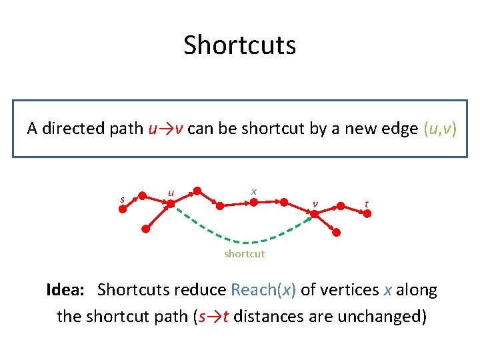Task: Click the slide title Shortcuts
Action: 239,45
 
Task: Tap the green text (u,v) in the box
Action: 440,129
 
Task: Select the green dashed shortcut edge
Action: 244,238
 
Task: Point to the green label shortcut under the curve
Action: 244,253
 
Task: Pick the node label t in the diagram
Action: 366,203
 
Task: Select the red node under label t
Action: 366,213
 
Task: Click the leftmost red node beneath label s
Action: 123,209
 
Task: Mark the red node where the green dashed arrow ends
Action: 312,214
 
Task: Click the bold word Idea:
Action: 65,290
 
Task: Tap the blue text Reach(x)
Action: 263,290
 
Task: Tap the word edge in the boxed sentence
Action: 399,129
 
